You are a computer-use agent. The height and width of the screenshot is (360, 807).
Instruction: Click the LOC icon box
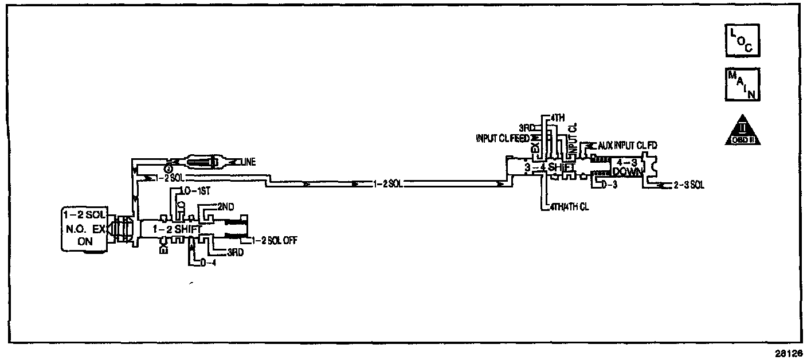pos(742,41)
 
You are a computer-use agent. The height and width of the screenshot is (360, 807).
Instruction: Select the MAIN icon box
pos(742,84)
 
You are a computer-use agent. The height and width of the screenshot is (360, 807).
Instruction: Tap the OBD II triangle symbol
pos(742,131)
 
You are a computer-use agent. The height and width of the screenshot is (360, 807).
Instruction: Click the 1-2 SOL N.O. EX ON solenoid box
pos(84,229)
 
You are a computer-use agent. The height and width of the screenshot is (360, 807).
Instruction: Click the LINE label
pos(248,163)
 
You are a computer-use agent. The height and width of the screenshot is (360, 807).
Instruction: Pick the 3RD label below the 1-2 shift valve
pos(235,252)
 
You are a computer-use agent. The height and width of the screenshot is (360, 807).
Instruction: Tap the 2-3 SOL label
pos(689,185)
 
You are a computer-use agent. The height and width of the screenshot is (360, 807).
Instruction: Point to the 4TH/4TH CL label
pos(569,207)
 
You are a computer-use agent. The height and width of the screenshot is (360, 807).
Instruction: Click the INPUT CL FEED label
pos(503,138)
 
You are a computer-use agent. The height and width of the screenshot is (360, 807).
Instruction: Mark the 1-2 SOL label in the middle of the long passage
pos(387,183)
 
